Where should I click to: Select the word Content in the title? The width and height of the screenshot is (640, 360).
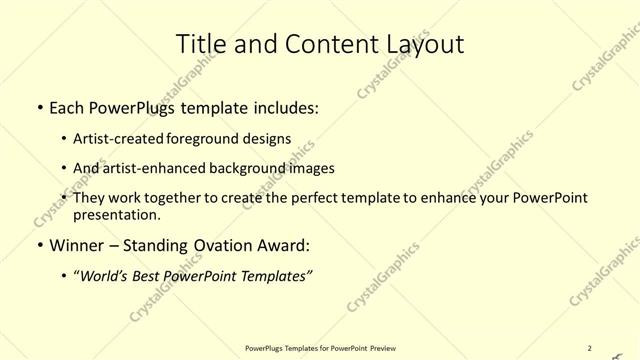point(329,43)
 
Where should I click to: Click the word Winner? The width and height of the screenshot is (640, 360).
point(78,245)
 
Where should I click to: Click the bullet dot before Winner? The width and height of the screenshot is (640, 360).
point(38,245)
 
